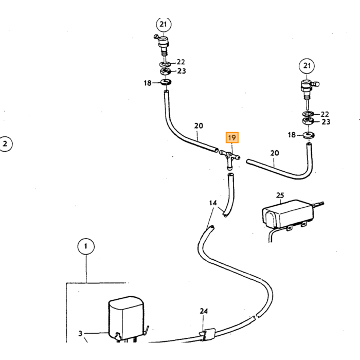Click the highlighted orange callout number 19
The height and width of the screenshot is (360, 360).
pyautogui.click(x=232, y=137)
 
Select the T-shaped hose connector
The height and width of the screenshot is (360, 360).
pyautogui.click(x=229, y=159)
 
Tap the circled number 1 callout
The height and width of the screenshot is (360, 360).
pyautogui.click(x=86, y=246)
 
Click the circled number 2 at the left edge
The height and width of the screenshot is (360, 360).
pyautogui.click(x=5, y=144)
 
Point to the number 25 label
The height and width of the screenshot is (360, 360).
pyautogui.click(x=280, y=195)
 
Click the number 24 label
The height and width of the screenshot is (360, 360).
pyautogui.click(x=204, y=311)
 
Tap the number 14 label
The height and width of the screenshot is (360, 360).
pyautogui.click(x=213, y=203)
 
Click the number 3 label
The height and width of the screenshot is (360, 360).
pyautogui.click(x=80, y=333)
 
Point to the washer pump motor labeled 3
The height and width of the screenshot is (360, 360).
pyautogui.click(x=126, y=320)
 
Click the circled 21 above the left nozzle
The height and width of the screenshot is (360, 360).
pyautogui.click(x=164, y=24)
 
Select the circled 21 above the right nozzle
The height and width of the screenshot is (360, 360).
pyautogui.click(x=307, y=66)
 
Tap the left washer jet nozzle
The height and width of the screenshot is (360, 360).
pyautogui.click(x=163, y=45)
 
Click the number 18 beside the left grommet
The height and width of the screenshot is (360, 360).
pyautogui.click(x=148, y=83)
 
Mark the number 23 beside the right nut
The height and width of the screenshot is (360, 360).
pyautogui.click(x=326, y=122)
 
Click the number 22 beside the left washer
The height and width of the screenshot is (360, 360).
pyautogui.click(x=181, y=62)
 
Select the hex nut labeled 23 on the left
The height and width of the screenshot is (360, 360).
pyautogui.click(x=165, y=71)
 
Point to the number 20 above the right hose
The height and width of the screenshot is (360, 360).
pyautogui.click(x=275, y=153)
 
